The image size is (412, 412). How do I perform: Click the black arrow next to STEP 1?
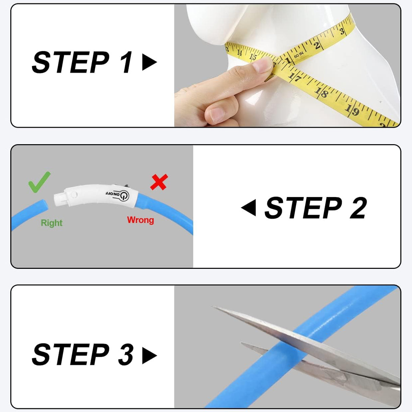[x=149, y=62]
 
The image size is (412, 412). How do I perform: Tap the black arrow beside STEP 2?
[x=249, y=207]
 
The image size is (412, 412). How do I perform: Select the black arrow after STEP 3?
[x=149, y=356]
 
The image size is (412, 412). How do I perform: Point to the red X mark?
[x=159, y=182]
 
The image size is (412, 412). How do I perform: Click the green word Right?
[x=51, y=223]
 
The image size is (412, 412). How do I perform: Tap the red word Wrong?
[x=140, y=220]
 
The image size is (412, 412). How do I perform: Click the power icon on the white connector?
[x=124, y=195]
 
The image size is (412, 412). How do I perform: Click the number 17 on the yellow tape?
[x=295, y=77]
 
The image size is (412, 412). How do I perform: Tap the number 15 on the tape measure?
[x=253, y=57]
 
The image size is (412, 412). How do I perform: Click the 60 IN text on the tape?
[x=298, y=55]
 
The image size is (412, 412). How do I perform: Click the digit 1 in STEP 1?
[x=126, y=62]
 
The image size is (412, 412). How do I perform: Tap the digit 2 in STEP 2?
[x=358, y=208]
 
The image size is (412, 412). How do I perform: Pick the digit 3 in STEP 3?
[x=126, y=356]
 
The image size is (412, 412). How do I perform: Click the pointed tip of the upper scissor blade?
[x=213, y=307]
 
